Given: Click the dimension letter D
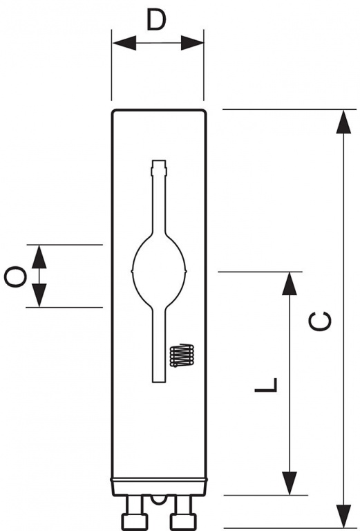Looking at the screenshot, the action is (x=156, y=19).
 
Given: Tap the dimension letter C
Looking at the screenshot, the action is (x=320, y=321).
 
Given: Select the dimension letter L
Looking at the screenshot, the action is (x=266, y=384).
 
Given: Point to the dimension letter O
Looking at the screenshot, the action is (x=16, y=277).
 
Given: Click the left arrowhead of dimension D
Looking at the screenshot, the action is (x=124, y=43).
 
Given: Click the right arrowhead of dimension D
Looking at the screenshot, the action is (x=192, y=43).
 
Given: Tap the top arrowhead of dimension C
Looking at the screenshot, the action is (x=343, y=122).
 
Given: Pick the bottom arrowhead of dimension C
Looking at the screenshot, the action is (x=343, y=516).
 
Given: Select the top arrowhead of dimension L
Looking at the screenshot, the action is (x=290, y=283).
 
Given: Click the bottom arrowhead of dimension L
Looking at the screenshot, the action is (x=290, y=483).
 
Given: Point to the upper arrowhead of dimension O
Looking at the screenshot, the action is (x=39, y=257).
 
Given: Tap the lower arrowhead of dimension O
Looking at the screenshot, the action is (x=39, y=295).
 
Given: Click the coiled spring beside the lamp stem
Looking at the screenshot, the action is (x=182, y=355).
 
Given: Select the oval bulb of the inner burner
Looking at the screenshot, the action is (x=159, y=271).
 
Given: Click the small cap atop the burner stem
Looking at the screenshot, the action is (x=159, y=167).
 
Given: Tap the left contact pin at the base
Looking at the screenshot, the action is (x=134, y=512).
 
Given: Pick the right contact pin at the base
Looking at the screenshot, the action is (x=183, y=512).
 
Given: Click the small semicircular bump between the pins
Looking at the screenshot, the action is (x=159, y=499).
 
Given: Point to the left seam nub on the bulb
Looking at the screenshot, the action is (x=132, y=271).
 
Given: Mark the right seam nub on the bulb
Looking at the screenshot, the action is (x=186, y=271).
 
